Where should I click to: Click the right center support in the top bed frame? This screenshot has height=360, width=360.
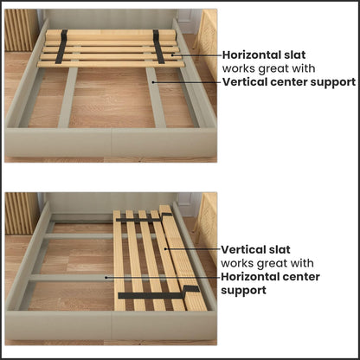click(x=156, y=100)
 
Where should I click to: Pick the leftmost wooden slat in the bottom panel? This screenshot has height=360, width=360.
click(x=119, y=260)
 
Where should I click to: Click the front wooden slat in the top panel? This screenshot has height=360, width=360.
click(x=112, y=64)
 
